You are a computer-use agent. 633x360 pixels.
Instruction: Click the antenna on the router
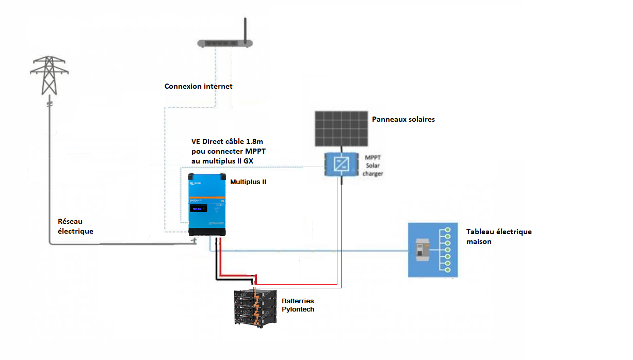point(246,29)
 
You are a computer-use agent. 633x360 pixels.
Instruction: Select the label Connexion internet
point(198,86)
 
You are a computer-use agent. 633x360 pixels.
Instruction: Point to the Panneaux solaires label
point(403,119)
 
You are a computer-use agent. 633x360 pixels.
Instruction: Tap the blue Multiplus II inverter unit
point(207,204)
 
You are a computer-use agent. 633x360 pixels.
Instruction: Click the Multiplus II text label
point(248,182)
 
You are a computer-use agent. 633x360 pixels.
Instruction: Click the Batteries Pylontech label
point(298,305)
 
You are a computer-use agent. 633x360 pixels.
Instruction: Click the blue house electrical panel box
point(432,250)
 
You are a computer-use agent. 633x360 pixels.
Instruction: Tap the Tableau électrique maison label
point(498,236)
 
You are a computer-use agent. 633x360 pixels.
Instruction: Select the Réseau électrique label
point(76,226)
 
